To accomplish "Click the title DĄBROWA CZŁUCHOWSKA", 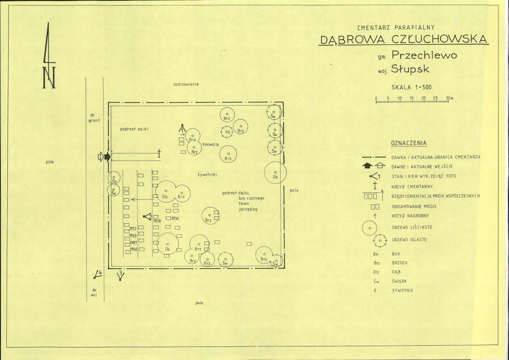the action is pyautogui.click(x=404, y=39).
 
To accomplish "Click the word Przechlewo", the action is pyautogui.click(x=424, y=55).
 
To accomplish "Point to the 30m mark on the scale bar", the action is pyautogui.click(x=450, y=98).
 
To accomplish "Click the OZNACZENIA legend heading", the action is pyautogui.click(x=409, y=143).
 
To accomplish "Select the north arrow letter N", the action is pyautogui.click(x=49, y=77).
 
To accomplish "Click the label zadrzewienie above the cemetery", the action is pyautogui.click(x=186, y=84).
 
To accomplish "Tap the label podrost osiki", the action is pyautogui.click(x=134, y=129).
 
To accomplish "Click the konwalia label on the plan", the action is pyautogui.click(x=211, y=144).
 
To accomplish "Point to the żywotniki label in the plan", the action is pyautogui.click(x=207, y=174).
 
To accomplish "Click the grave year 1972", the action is pyautogui.click(x=133, y=229).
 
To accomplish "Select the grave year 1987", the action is pyautogui.click(x=133, y=242).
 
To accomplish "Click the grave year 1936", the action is pyautogui.click(x=175, y=219).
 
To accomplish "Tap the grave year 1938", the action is pyautogui.click(x=157, y=221).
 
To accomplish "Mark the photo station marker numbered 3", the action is pyautogui.click(x=120, y=276).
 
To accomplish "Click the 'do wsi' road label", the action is pyautogui.click(x=94, y=292).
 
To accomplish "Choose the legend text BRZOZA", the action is pyautogui.click(x=399, y=263).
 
